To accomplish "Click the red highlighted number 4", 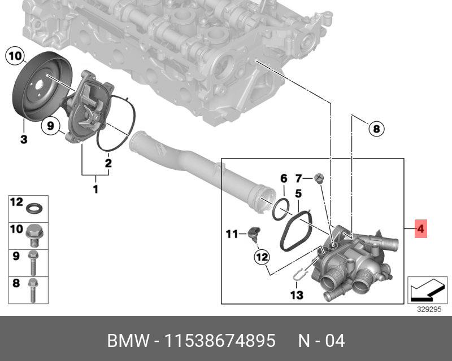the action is point(420,229).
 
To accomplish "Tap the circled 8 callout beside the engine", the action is point(376,128).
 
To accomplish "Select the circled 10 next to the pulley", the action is point(15,56).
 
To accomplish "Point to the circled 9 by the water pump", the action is point(50,126).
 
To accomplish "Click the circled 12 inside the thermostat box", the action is point(262,257).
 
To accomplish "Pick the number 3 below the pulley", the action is point(24,139).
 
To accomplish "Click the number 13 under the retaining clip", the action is point(297,295).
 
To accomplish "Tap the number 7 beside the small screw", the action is point(299,178).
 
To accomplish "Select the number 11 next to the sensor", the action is point(232,234).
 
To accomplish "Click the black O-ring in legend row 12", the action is point(34,208).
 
